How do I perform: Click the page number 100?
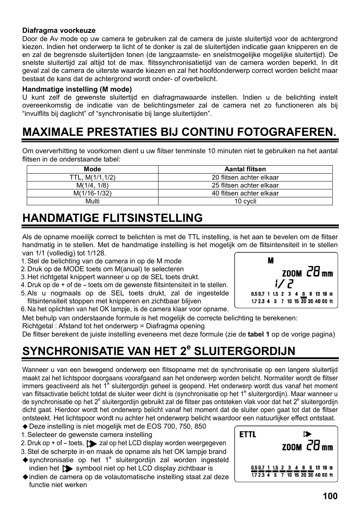pos(330,496)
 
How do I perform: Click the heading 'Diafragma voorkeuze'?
pos(59,31)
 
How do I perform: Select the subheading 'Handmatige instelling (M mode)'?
pos(77,89)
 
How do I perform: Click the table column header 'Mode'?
pos(92,169)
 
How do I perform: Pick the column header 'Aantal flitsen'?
pos(245,169)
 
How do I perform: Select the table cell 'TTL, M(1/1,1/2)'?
pos(92,177)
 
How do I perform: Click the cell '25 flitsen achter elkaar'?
pos(245,185)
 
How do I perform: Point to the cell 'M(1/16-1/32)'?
pos(92,193)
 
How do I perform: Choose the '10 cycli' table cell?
pos(245,201)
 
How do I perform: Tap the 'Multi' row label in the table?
pos(92,201)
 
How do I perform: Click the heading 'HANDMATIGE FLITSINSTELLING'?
pos(112,218)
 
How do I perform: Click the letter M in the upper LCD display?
pos(271,261)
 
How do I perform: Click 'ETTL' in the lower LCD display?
pos(248,435)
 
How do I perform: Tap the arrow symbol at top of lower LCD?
pos(307,434)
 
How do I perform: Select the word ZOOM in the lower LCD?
pos(292,447)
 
